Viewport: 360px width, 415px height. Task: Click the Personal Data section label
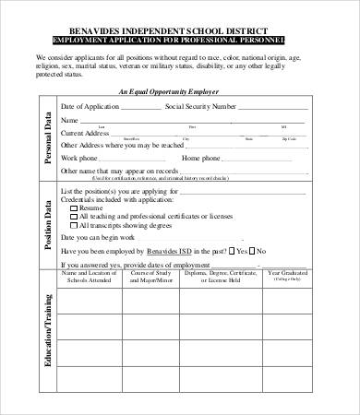tap(46, 138)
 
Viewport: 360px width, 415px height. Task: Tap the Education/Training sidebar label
tap(46, 332)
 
